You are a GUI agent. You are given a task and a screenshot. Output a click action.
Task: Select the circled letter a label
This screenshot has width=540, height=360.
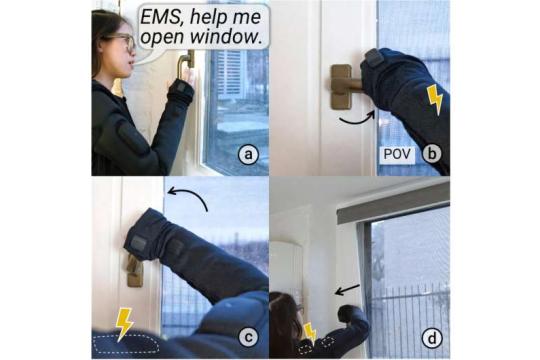tap(248, 155)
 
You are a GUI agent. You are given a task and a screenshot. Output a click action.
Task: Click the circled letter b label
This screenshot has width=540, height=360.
tap(432, 153)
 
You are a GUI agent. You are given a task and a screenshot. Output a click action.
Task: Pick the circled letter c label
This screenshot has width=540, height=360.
tap(248, 338)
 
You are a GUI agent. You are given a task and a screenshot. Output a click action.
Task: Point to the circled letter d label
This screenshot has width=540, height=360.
tap(431, 338)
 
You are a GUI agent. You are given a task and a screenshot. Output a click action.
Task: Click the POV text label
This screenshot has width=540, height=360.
tap(397, 154)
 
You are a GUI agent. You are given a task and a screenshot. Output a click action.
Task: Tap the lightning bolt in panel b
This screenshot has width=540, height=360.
tap(435, 100)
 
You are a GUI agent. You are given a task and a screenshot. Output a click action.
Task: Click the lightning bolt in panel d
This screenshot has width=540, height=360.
tap(310, 333)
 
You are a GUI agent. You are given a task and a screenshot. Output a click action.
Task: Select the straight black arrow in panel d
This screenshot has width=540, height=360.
tap(347, 290)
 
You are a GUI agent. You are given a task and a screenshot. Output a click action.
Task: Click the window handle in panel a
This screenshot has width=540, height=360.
tap(185, 64)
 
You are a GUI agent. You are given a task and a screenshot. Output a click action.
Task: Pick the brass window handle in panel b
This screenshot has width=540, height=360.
tap(344, 87)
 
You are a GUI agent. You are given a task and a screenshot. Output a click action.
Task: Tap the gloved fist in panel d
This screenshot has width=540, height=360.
tap(347, 313)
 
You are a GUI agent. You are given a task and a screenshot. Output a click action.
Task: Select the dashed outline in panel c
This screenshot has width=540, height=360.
tap(127, 343)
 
